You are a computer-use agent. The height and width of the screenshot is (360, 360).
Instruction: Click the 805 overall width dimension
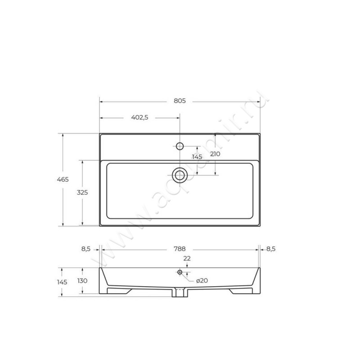coord(180,101)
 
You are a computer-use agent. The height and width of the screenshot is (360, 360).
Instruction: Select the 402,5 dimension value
coord(139,117)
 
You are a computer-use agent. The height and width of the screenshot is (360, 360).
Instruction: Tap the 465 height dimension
coord(63,179)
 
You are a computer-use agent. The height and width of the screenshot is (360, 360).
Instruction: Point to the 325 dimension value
coord(82,193)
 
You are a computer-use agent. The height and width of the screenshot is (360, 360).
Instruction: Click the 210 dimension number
coord(215,154)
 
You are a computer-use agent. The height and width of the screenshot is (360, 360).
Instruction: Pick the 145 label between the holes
coord(197,157)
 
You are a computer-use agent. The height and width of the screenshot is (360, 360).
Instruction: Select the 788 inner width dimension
coord(180,249)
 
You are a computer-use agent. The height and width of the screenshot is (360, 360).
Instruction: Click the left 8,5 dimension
coord(86,249)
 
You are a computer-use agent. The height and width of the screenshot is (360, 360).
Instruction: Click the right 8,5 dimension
coord(271,249)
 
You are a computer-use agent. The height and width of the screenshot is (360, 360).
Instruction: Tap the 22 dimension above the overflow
coord(187,258)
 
